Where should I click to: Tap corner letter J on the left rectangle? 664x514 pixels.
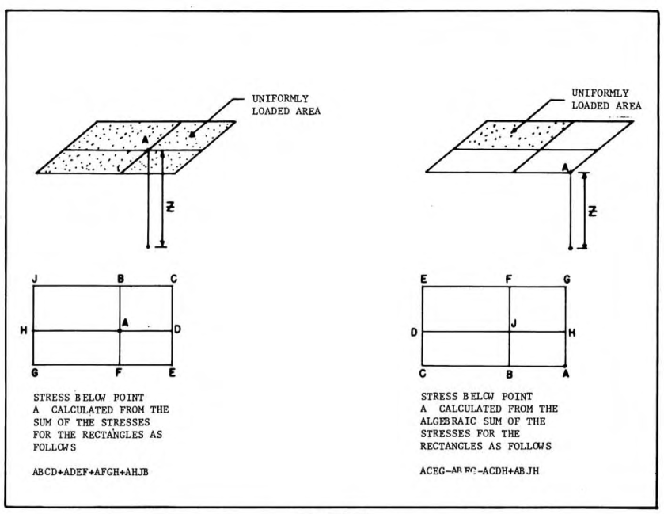click(36, 278)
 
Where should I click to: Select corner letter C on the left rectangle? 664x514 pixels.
click(172, 278)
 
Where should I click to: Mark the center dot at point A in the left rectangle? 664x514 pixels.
click(120, 330)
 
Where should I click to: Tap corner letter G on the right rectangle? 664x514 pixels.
click(565, 279)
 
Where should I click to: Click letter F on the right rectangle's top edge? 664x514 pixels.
click(509, 279)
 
